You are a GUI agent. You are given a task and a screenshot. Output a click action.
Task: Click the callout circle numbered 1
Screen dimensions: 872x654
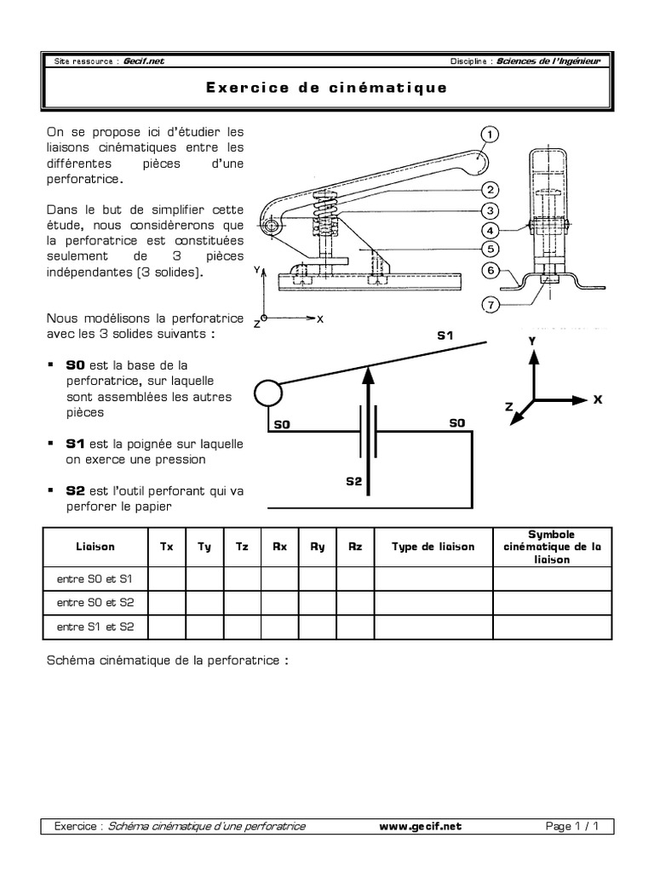(490, 134)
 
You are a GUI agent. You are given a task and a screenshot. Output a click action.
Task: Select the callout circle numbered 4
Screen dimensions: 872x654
(490, 230)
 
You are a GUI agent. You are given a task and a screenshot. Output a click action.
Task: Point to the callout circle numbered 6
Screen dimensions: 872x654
(490, 271)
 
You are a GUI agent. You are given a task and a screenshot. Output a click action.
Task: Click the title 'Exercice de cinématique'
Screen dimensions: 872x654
(326, 88)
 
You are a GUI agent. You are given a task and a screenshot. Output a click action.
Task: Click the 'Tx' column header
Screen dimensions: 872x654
(167, 547)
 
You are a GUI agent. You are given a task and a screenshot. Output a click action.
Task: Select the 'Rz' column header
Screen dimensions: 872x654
(355, 547)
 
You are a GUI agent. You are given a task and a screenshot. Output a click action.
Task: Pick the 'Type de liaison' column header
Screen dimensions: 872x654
(433, 547)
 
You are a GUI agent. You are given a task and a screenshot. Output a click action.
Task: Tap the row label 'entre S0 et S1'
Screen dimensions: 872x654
(90, 579)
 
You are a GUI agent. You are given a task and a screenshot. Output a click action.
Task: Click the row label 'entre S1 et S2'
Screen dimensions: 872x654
(90, 627)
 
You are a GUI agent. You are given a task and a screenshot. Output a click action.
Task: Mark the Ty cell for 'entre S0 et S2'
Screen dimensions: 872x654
(204, 603)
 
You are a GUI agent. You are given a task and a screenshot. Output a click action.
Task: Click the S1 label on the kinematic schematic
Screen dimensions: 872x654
(444, 336)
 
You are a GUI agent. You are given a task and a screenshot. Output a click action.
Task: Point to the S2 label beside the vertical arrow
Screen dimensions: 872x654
(353, 481)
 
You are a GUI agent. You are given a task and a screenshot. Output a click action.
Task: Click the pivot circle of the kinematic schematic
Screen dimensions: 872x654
(267, 394)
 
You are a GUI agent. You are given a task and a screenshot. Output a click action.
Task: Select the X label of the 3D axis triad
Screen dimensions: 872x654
(597, 399)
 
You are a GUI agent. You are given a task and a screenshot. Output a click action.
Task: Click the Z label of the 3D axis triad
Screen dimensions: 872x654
(509, 408)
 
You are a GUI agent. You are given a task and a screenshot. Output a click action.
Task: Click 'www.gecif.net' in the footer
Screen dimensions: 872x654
(422, 826)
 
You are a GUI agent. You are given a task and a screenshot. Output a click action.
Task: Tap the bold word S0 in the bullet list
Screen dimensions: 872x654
(75, 364)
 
